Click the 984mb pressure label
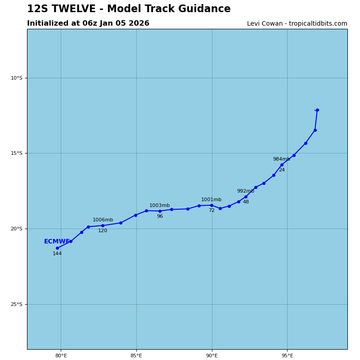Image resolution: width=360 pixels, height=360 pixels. pos(281,159)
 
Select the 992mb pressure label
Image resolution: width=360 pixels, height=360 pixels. pos(245,191)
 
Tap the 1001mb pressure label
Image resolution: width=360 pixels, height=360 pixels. pos(211,200)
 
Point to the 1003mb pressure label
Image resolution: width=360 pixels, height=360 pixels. pos(159,206)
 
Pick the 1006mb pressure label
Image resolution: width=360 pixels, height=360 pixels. pos(103,220)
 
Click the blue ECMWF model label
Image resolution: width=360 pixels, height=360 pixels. pos(57,242)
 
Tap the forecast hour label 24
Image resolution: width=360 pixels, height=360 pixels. pos(282,170)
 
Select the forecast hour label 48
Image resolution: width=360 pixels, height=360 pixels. pos(246,202)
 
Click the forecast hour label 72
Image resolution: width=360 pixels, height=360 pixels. pos(211,211)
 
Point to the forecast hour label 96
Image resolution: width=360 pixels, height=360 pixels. pos(160,216)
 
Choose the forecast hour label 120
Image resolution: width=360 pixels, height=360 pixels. pos(103,231)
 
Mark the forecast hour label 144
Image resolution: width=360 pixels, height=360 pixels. pos(57,254)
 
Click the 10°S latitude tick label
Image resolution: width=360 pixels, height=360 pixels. pos(16,78)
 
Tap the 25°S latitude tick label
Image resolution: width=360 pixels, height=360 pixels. pos(16,304)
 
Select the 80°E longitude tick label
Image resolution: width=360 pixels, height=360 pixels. pos(61,356)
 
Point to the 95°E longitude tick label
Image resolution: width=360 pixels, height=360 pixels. pos(287,356)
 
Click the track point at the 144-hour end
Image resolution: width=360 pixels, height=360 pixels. pos(57,248)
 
